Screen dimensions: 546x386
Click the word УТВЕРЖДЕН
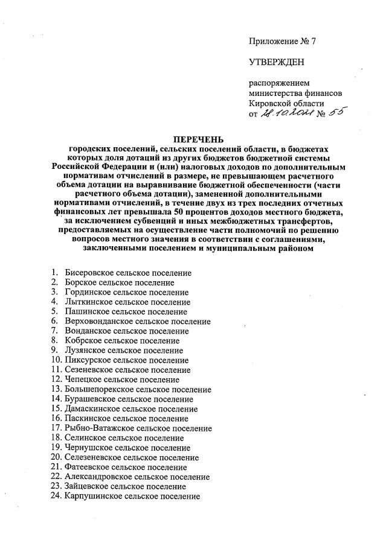pos(277,62)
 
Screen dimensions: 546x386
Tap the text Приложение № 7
pos(282,42)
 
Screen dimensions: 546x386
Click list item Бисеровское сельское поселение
pos(128,273)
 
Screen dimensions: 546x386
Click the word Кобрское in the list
pos(83,341)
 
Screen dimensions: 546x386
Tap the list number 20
pos(56,457)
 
